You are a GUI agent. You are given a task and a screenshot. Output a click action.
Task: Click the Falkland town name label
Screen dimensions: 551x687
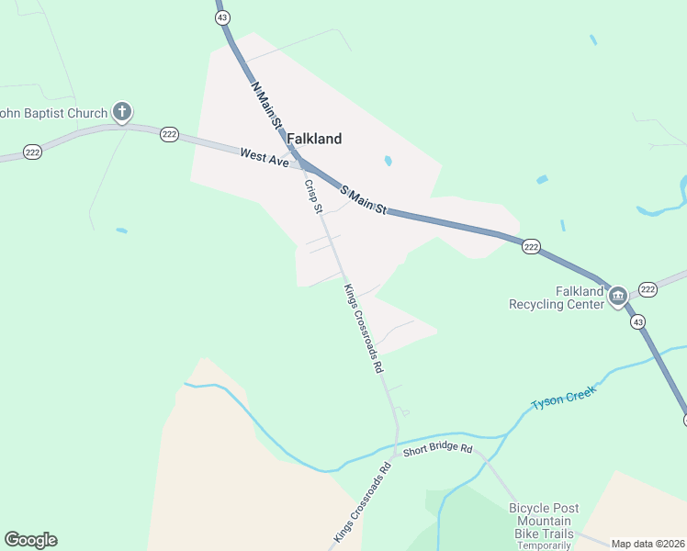coord(314,139)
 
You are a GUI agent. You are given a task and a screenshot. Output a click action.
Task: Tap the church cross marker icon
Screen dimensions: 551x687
coord(120,113)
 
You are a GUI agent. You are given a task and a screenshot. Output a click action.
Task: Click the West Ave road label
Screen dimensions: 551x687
coord(265,157)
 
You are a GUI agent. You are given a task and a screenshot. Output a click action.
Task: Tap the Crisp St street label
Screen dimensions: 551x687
coord(313,197)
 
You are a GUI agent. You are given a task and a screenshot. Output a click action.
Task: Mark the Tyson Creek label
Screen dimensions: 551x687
coord(564,397)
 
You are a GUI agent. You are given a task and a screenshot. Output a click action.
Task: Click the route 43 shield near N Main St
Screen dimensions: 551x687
coord(222,17)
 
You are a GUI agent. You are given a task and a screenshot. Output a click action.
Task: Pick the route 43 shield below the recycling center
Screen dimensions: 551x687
coord(636,321)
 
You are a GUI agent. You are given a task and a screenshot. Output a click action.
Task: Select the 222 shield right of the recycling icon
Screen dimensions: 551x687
coord(648,289)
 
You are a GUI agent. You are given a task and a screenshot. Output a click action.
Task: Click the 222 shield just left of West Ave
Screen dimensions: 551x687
coord(169,134)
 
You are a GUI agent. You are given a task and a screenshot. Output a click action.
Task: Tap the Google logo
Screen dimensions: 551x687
coord(30,540)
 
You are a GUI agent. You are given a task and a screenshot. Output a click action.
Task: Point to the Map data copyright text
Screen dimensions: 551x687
coord(648,544)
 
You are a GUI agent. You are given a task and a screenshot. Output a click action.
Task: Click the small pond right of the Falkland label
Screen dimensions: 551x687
coord(389,161)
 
